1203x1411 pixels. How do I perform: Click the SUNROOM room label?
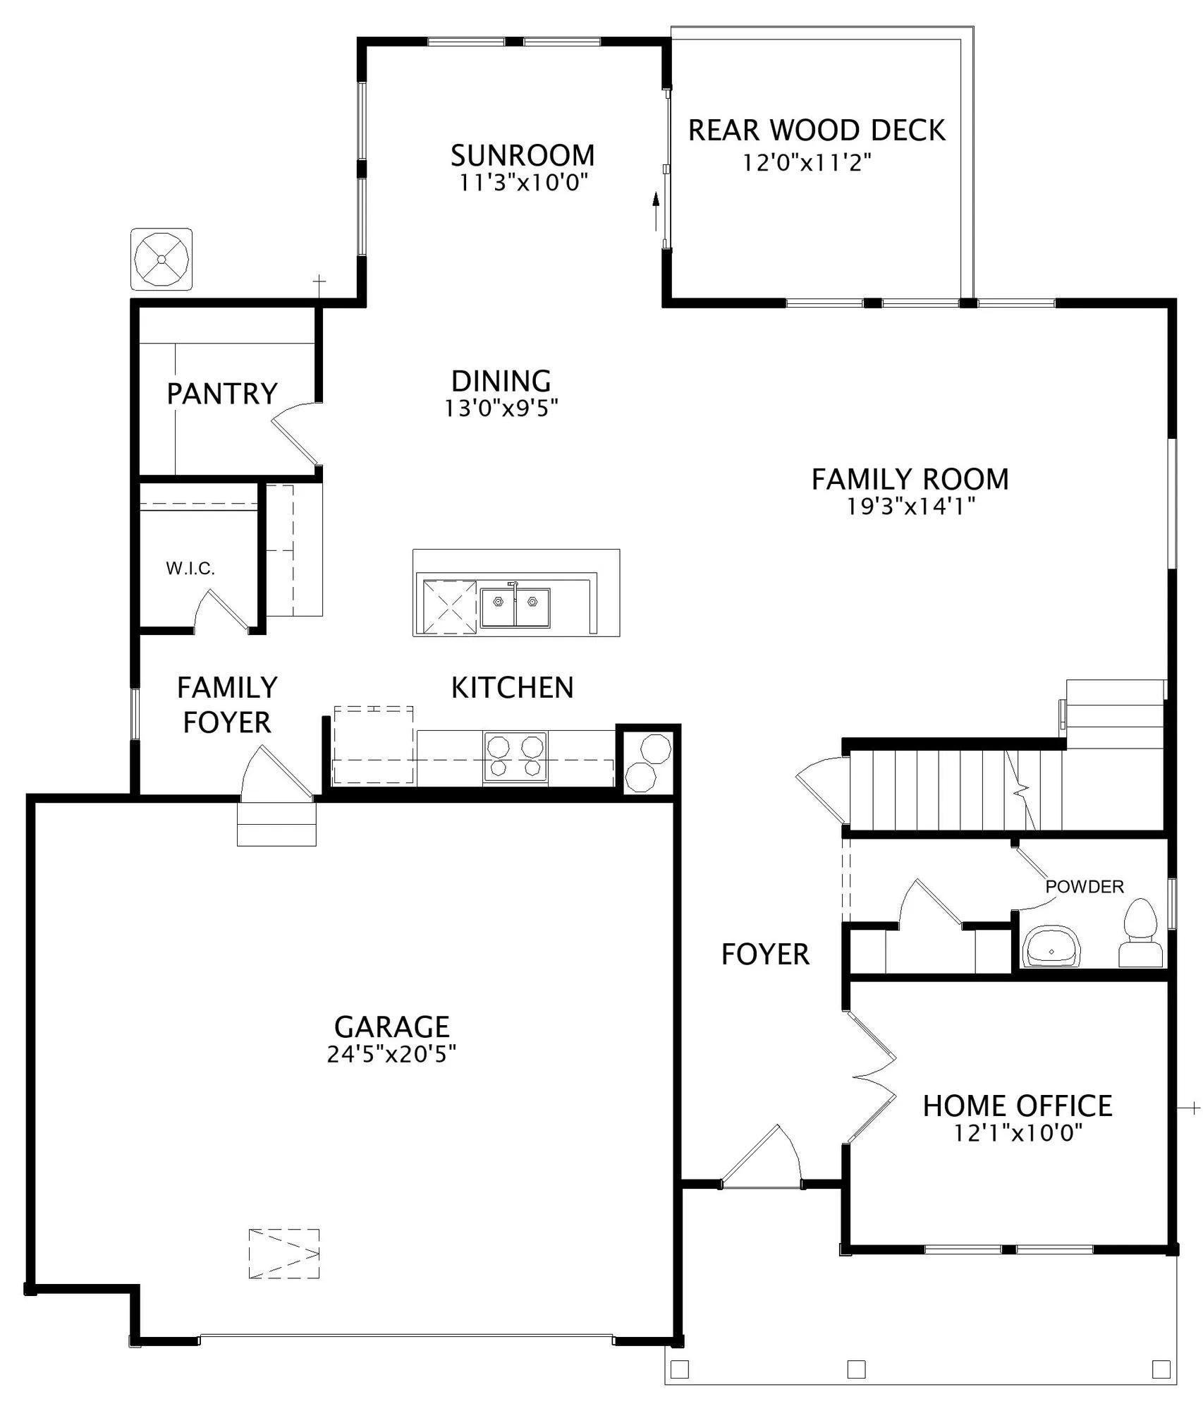[523, 155]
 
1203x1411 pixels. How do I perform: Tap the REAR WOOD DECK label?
[817, 131]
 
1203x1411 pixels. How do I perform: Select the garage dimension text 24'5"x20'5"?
[391, 1054]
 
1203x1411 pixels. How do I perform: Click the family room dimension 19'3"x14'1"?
[910, 506]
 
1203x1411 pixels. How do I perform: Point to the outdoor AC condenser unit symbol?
[161, 259]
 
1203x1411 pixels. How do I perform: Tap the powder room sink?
[1051, 946]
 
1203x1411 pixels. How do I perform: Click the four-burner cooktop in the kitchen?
[515, 757]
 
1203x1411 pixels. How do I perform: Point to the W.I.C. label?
[190, 569]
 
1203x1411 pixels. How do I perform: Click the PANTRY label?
[222, 394]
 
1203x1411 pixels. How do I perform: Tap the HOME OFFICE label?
[1018, 1106]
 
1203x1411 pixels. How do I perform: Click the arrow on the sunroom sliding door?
[657, 210]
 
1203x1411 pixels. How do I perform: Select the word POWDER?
[1085, 887]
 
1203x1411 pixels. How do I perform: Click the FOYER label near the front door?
[765, 955]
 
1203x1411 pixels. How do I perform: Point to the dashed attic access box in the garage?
[284, 1254]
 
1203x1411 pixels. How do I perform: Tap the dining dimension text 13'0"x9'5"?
[501, 408]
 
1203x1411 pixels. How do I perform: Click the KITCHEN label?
[513, 688]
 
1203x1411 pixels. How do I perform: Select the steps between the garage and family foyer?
[276, 824]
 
